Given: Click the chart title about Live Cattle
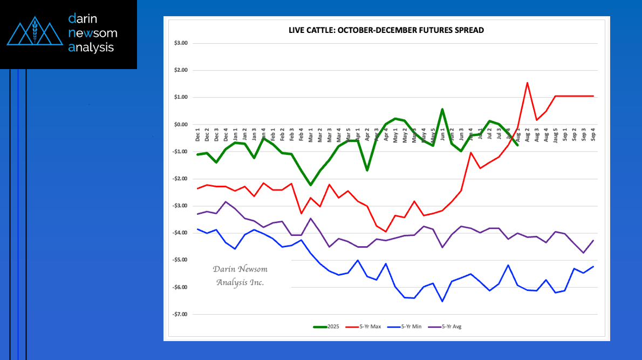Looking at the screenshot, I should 386,30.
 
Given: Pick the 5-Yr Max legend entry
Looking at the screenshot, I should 370,327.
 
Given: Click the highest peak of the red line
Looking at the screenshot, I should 527,83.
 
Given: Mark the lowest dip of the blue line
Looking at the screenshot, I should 442,301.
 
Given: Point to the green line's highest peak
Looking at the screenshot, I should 442,109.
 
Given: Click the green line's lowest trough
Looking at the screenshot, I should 311,185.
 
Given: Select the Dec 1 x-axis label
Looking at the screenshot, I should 198,134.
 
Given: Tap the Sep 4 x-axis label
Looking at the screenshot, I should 593,134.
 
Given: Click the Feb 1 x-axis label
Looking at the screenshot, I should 274,134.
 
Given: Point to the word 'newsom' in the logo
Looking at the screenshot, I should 93,33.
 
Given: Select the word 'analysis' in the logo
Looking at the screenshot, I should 91,47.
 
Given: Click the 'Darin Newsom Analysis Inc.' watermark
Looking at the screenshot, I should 240,276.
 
